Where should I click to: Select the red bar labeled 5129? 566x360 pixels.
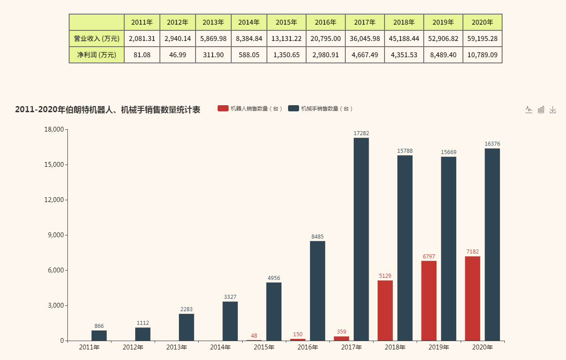click(x=385, y=310)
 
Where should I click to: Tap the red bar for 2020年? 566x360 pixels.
click(x=473, y=298)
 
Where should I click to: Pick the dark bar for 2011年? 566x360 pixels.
click(x=99, y=335)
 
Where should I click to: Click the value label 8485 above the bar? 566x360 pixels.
click(x=318, y=237)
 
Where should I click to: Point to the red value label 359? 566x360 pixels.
click(x=341, y=332)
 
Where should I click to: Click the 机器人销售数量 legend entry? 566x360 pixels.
click(x=250, y=109)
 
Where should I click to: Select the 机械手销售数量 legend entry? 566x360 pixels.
click(x=321, y=109)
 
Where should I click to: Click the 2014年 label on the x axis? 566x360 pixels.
click(x=221, y=348)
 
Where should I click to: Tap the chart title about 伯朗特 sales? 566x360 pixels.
click(x=107, y=110)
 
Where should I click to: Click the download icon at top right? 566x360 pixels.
click(x=553, y=110)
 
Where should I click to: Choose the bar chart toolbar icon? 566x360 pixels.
click(x=541, y=110)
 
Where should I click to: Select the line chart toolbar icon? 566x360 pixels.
click(x=529, y=110)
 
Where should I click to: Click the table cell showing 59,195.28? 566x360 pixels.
click(x=482, y=39)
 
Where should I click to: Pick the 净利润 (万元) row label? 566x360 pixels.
click(x=96, y=55)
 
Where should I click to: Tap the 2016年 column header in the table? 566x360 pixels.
click(x=326, y=22)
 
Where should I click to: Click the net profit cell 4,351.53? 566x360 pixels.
click(x=404, y=55)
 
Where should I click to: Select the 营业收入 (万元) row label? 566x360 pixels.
click(x=96, y=39)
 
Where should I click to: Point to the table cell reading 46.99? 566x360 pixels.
click(x=178, y=55)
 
